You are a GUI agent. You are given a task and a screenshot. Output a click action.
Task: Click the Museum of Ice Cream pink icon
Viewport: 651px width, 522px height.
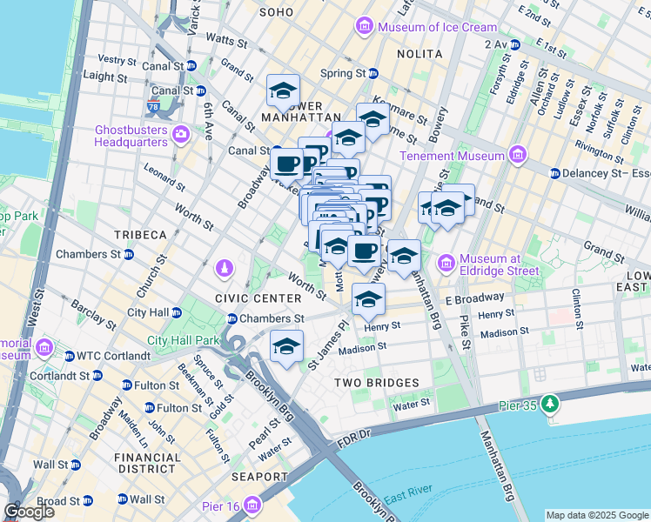pyautogui.click(x=366, y=27)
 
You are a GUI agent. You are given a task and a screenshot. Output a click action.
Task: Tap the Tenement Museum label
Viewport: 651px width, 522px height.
pyautogui.click(x=452, y=156)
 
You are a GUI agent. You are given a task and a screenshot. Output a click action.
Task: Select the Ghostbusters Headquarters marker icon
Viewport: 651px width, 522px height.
pyautogui.click(x=181, y=134)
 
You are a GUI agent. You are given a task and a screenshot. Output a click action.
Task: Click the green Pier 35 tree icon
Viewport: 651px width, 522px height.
pyautogui.click(x=550, y=404)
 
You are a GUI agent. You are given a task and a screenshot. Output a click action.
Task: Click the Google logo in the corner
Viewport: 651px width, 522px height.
pyautogui.click(x=29, y=511)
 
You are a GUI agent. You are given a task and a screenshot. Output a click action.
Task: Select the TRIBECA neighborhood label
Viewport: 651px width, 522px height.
pyautogui.click(x=139, y=235)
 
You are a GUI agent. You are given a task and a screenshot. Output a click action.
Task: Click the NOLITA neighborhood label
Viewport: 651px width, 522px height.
pyautogui.click(x=420, y=54)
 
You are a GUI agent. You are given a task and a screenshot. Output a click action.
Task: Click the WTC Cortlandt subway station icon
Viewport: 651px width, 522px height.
pyautogui.click(x=69, y=355)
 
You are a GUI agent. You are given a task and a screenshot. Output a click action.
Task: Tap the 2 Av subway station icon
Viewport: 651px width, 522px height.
pyautogui.click(x=515, y=43)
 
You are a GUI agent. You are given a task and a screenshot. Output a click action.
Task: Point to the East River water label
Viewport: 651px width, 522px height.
pyautogui.click(x=409, y=497)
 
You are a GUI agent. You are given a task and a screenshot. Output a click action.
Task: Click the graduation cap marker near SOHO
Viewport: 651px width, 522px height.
pyautogui.click(x=283, y=90)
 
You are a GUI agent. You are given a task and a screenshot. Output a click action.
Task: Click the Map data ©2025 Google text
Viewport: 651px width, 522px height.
pyautogui.click(x=597, y=515)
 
